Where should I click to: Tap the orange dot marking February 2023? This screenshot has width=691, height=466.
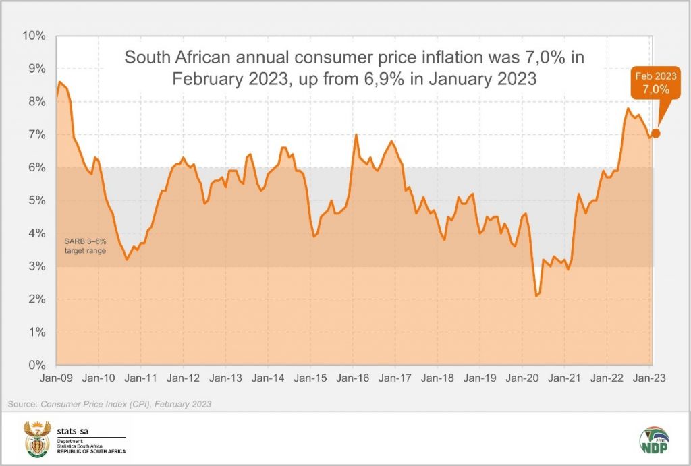[655, 133]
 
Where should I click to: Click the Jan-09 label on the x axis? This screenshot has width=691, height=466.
[57, 378]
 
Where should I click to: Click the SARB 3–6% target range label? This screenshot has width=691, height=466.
[85, 246]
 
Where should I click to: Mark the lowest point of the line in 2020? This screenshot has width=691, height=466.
[536, 295]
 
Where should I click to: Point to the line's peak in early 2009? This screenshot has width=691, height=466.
[60, 82]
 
